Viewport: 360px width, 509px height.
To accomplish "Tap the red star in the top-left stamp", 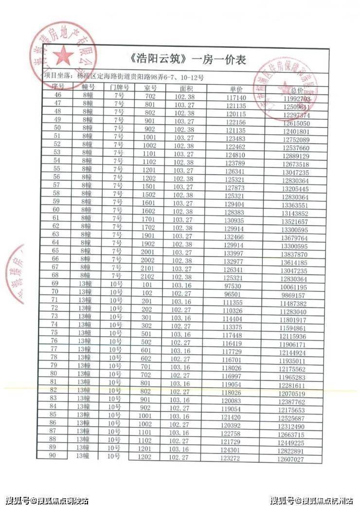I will [64, 57].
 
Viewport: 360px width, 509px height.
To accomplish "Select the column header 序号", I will [58, 86].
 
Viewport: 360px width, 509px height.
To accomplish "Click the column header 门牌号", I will [119, 87].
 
